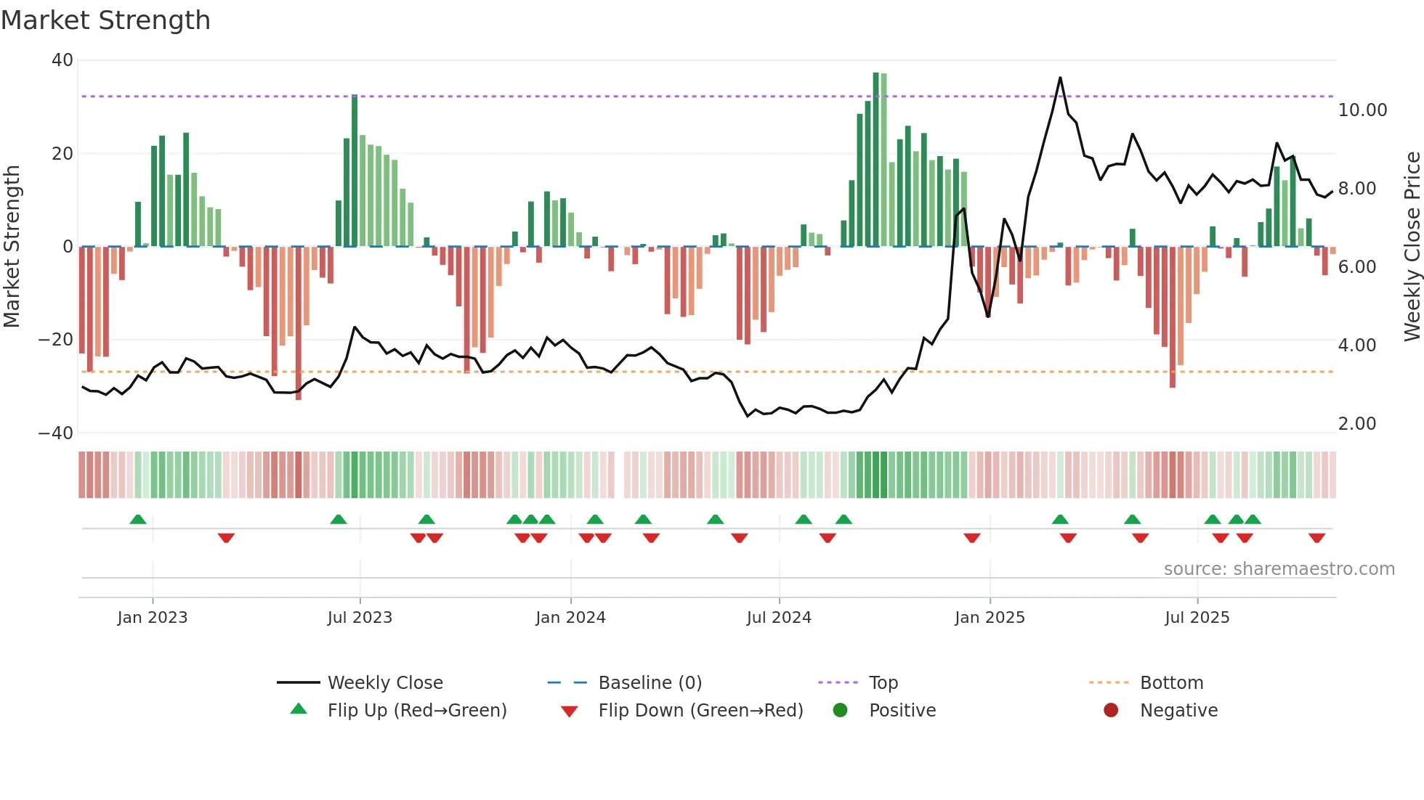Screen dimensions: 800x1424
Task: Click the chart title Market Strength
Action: (x=105, y=20)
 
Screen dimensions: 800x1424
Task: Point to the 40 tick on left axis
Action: (x=62, y=60)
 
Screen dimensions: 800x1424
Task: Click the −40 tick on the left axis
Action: (x=56, y=433)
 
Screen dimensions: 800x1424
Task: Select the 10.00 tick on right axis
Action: (x=1362, y=110)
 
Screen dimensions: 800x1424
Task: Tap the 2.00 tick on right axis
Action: (x=1356, y=424)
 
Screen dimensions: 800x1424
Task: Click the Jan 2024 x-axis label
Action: (x=570, y=618)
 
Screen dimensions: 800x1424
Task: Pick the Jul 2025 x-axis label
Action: (x=1197, y=618)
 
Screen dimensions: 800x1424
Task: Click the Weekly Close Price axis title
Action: (x=1412, y=247)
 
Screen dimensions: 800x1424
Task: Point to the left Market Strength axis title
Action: (x=12, y=247)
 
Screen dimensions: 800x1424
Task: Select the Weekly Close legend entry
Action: (x=385, y=683)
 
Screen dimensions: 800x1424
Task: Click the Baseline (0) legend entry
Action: (x=650, y=683)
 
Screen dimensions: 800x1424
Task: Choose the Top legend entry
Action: (x=883, y=683)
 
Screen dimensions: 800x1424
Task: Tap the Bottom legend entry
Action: (x=1171, y=683)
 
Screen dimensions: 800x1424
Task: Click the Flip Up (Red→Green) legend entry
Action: (x=416, y=711)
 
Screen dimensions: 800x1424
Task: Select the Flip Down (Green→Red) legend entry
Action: (x=700, y=711)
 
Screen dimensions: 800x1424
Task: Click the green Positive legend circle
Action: (x=841, y=711)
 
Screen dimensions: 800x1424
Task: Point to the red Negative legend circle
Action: (x=1111, y=711)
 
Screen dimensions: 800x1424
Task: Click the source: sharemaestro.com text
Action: (x=1279, y=569)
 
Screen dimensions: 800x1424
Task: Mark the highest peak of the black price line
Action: (x=1060, y=78)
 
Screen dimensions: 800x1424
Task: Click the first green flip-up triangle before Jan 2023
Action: (x=138, y=519)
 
